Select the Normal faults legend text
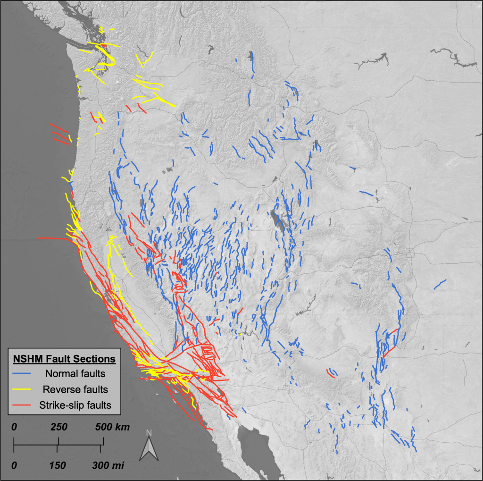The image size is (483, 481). pos(75,374)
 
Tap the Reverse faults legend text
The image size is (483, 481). pos(75,389)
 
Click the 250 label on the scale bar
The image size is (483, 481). pos(58,427)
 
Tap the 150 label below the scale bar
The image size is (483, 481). pos(58,465)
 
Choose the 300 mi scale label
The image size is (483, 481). pos(109,465)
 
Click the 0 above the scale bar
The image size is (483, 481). pos(14,427)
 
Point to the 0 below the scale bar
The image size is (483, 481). pos(14,465)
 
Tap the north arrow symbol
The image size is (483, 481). pos(149,448)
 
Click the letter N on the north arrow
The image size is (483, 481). pos(149,433)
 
